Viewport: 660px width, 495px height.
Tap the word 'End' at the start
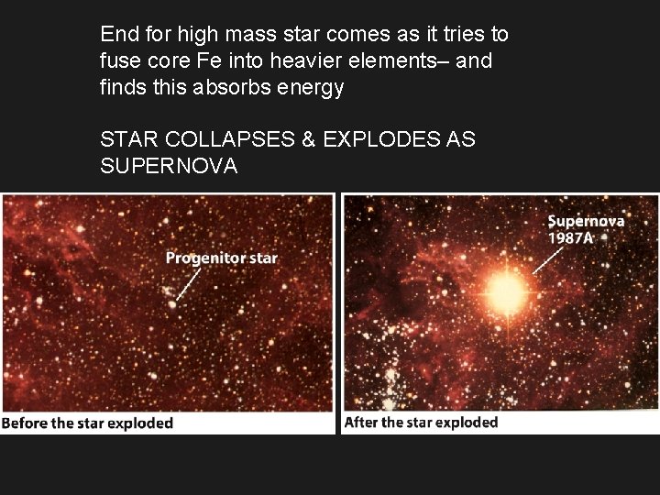pos(117,35)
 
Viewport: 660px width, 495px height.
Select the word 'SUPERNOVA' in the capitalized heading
pos(169,166)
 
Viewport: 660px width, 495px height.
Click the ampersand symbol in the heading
pos(307,140)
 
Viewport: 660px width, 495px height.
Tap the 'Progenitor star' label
pos(221,258)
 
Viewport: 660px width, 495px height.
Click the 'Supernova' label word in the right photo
pos(586,222)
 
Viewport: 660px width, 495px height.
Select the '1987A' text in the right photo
pos(571,237)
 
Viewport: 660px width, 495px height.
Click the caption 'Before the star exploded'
pos(88,423)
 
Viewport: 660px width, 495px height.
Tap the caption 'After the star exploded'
pos(421,423)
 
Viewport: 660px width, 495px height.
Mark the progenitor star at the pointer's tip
pos(171,304)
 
